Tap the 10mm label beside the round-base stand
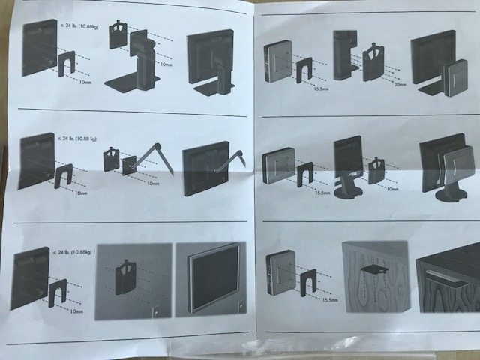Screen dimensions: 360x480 [x=391, y=189]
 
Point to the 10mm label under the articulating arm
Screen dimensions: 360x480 [x=153, y=183]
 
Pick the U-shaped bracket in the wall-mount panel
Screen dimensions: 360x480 [x=58, y=292]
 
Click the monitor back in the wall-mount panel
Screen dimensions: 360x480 [x=28, y=278]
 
